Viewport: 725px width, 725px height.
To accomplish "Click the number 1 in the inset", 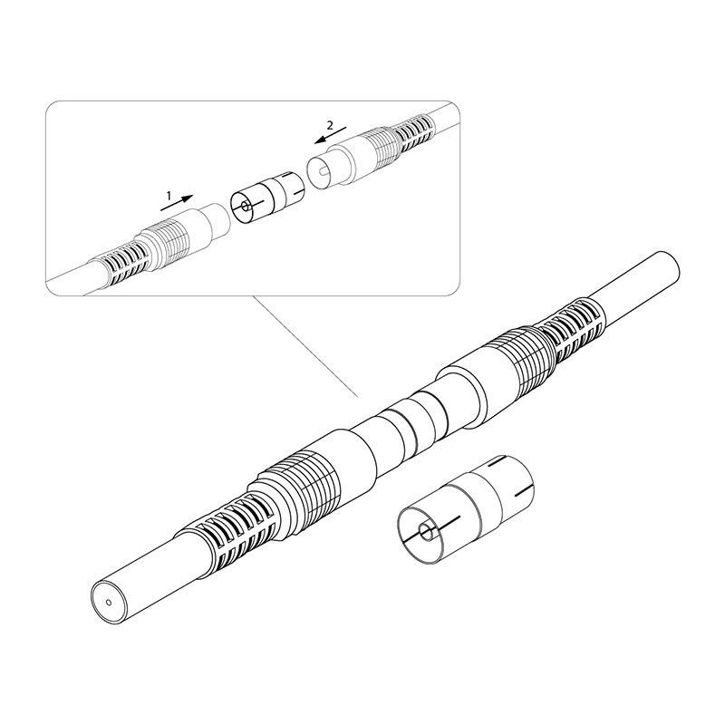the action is point(169,196).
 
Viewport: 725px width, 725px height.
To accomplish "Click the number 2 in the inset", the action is point(330,125).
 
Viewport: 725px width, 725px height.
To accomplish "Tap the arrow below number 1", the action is point(177,203).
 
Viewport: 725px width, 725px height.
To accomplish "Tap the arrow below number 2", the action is point(330,135).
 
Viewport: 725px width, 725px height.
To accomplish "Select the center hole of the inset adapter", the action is point(244,206).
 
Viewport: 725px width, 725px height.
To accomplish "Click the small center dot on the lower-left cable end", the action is point(109,602).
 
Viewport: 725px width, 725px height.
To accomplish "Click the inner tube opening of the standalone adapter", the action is point(425,533).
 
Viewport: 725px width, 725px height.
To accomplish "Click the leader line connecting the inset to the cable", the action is point(306,346).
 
